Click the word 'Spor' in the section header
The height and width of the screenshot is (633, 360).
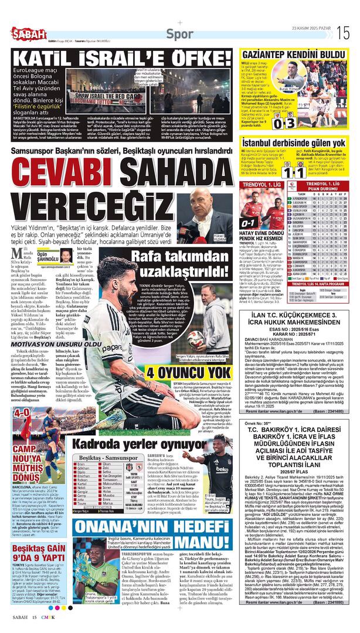tap(179, 34)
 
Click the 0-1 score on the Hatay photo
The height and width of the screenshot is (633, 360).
tap(247, 223)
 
